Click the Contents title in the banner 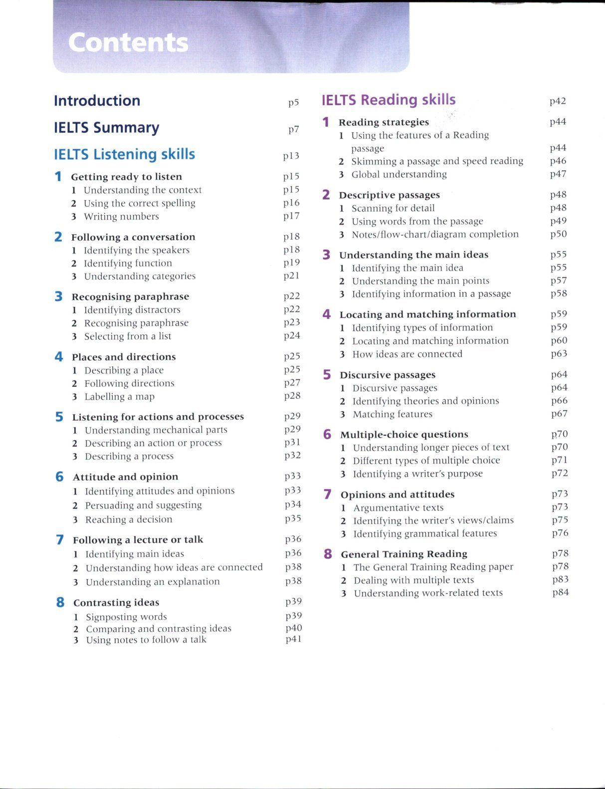point(128,42)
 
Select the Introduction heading point(97,101)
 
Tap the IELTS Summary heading point(107,128)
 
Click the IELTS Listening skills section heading point(125,154)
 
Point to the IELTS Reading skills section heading point(389,100)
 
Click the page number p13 point(291,156)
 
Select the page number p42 point(558,101)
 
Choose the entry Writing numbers point(121,217)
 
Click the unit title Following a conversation point(133,237)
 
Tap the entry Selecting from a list point(128,336)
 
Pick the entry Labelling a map point(120,397)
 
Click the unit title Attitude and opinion point(125,477)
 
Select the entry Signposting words point(127,617)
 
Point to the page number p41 point(294,639)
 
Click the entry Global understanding point(399,175)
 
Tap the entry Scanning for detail point(393,208)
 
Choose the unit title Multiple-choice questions point(404,435)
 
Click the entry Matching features point(393,414)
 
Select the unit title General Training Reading point(404,554)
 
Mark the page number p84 point(561,592)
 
